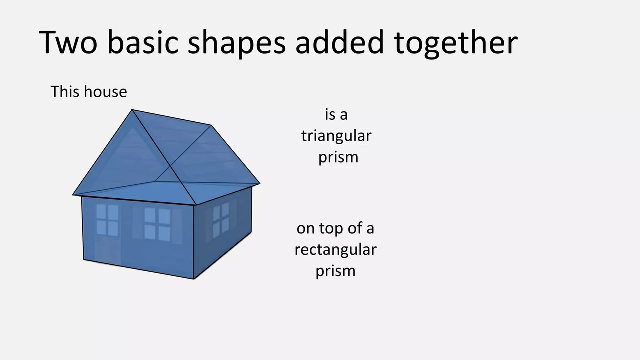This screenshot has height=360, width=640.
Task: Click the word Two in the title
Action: [x=68, y=42]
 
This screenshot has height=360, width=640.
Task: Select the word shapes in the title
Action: [x=237, y=43]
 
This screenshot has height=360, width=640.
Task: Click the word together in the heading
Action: [x=456, y=43]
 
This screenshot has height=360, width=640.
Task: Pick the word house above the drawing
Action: [x=105, y=91]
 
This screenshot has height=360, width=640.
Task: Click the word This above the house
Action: [x=66, y=91]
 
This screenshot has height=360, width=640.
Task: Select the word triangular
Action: [x=336, y=136]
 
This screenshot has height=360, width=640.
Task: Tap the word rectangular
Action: [x=335, y=250]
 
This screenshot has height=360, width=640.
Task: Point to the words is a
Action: [x=336, y=115]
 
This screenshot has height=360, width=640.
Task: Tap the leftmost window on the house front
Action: [x=107, y=220]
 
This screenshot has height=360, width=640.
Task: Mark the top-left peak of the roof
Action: [x=132, y=109]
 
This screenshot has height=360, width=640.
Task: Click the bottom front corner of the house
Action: [x=194, y=279]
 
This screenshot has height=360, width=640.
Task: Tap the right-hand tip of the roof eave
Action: [x=259, y=184]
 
